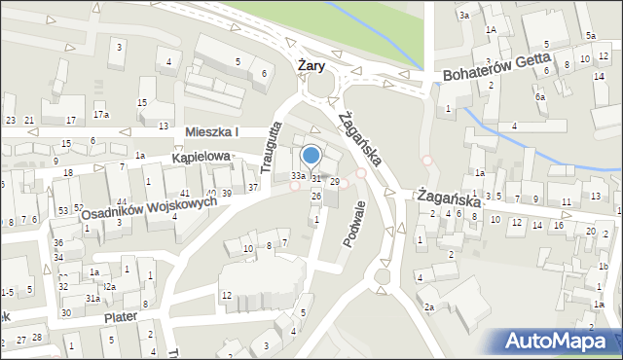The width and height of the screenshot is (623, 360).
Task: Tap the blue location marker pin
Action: click(311, 156)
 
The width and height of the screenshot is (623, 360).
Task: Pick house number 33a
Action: click(299, 176)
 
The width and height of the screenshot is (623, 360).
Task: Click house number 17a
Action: click(101, 115)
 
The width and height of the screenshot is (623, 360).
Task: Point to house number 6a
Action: click(539, 96)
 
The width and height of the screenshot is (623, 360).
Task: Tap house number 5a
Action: click(591, 36)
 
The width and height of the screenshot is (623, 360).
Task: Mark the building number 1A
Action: click(492, 30)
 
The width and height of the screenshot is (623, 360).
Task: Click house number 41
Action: click(184, 194)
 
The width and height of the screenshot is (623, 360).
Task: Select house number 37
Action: click(253, 187)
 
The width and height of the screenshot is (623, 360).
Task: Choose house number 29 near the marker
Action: click(334, 182)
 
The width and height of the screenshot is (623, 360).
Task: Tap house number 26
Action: click(316, 196)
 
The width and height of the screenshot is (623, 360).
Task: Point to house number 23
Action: click(11, 120)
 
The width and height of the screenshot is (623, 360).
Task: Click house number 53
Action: click(63, 210)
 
